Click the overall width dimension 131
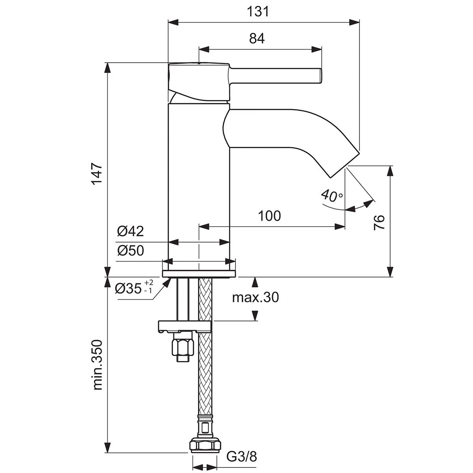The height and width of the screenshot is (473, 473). [257, 11]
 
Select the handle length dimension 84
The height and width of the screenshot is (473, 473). [257, 39]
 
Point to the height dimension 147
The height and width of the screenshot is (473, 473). [97, 173]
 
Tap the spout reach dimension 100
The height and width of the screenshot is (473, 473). [269, 216]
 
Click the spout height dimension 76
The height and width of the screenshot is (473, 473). [379, 222]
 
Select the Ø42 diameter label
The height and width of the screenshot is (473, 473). [130, 231]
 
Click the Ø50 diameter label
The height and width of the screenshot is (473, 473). [130, 251]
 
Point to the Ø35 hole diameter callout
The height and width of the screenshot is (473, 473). [134, 288]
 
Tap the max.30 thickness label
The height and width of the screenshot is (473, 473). [255, 298]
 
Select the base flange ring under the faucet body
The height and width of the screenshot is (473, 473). [199, 274]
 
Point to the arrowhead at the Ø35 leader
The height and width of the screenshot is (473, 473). [167, 282]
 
